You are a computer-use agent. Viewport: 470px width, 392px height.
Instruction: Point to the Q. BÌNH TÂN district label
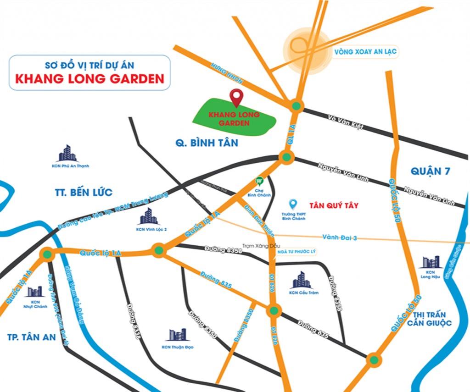[207, 143]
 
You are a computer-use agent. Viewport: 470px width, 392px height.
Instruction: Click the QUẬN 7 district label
[431, 171]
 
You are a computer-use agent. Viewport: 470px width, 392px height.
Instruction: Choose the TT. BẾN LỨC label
[84, 193]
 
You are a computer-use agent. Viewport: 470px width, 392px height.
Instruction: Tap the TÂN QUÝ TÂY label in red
[334, 205]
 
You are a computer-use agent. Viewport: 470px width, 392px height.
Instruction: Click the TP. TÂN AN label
[32, 337]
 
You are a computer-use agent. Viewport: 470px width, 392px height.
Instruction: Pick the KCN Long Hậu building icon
[431, 262]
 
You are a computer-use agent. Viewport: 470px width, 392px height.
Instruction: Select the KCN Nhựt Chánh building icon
[34, 291]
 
